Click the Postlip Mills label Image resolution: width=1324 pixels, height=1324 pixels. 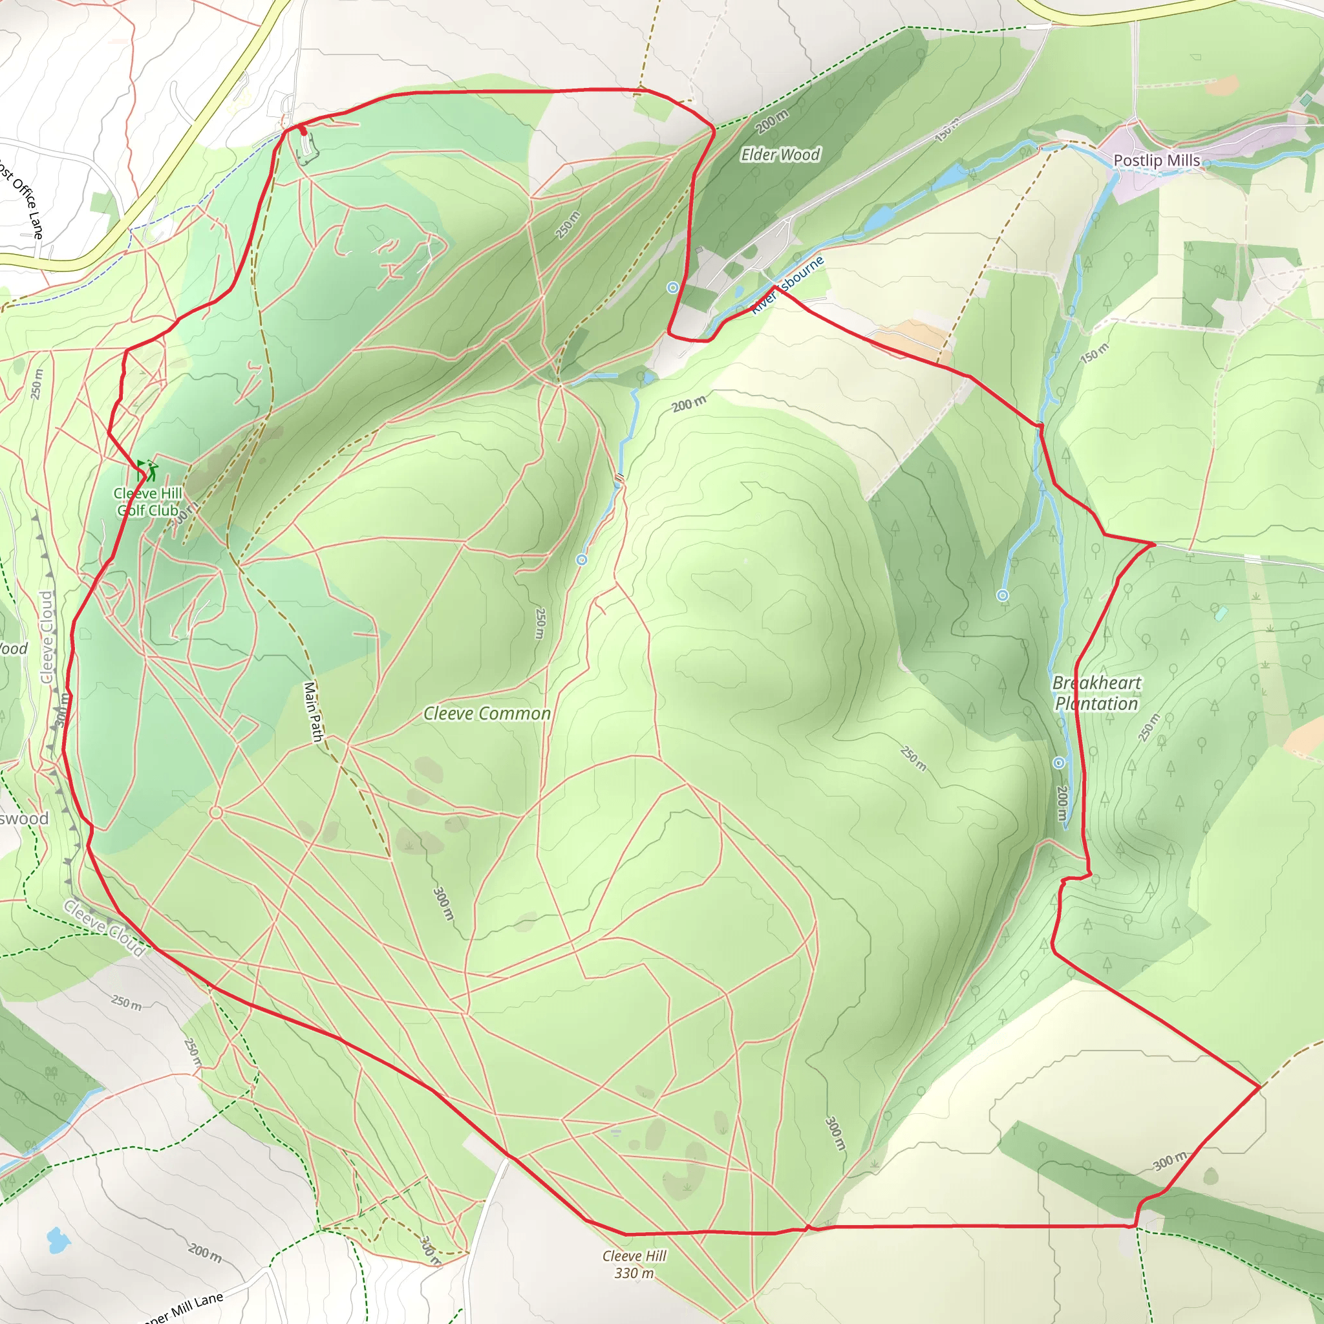tap(1156, 160)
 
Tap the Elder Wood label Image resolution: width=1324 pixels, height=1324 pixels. tap(780, 155)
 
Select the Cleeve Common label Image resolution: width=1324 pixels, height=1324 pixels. tap(487, 714)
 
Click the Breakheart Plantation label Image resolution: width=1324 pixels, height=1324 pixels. tap(1096, 693)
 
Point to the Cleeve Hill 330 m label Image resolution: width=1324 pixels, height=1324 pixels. tap(634, 1265)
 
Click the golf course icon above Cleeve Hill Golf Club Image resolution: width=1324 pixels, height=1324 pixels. tap(147, 470)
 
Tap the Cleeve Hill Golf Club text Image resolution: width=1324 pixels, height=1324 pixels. tap(148, 502)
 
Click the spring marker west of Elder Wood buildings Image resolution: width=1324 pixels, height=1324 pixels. tap(673, 288)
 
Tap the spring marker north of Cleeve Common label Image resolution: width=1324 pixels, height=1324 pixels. tap(581, 560)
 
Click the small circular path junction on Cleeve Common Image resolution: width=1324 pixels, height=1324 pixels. tap(216, 813)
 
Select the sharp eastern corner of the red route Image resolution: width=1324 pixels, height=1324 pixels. tap(1259, 1087)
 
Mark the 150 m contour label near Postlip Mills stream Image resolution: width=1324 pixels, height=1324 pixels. tap(1094, 354)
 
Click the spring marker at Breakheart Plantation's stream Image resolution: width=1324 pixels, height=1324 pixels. tap(1059, 763)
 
